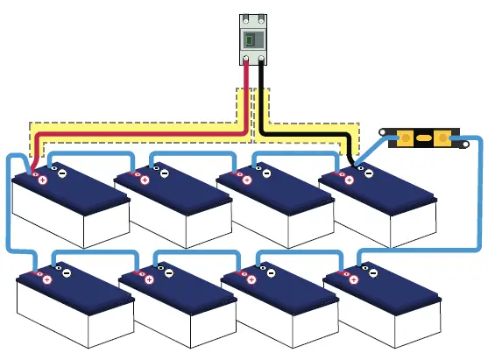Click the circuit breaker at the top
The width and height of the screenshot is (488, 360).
click(253, 39)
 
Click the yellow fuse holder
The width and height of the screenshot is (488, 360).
click(423, 138)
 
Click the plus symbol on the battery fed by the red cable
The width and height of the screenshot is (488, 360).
click(42, 180)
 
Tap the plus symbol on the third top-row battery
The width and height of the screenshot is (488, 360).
click(247, 180)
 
